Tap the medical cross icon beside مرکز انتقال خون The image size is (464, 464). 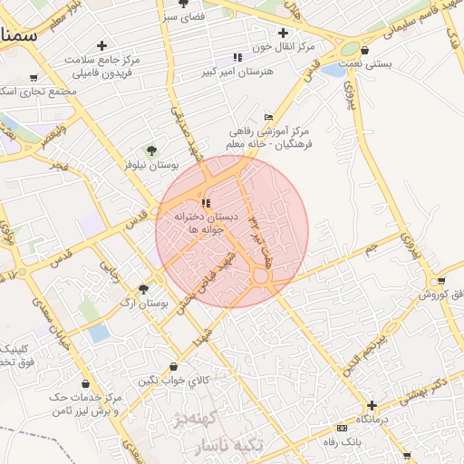tap(285, 33)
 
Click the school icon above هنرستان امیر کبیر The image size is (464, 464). tap(237, 57)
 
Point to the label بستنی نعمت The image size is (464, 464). tap(364, 64)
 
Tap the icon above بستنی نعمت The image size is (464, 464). tap(364, 51)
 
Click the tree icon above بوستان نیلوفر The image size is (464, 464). tap(151, 150)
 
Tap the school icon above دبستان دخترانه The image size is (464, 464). tap(206, 203)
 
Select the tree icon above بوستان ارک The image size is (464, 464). tap(143, 288)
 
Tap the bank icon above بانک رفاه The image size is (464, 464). tap(342, 428)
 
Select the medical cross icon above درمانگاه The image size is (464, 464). tap(371, 405)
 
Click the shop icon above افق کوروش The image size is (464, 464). tap(440, 282)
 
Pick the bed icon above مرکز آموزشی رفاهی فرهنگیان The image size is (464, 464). tap(267, 118)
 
